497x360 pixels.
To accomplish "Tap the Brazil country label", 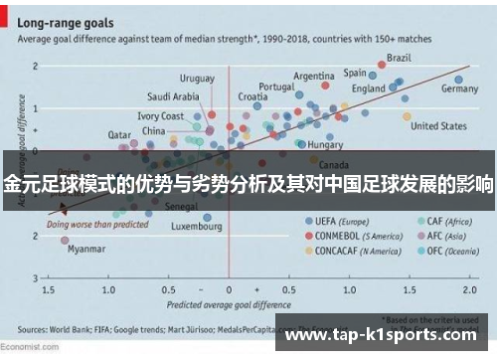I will pos(399,57).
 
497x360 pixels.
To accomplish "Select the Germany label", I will pos(459,89).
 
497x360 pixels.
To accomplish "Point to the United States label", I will pos(438,126).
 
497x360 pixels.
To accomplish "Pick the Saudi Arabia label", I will pos(173,96).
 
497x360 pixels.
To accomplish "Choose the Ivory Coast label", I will pos(160,116).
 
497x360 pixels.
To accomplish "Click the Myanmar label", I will pos(86,250).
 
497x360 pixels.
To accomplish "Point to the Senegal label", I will pos(180,207).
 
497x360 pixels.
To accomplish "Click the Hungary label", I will pos(325,145).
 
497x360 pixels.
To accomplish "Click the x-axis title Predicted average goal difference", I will pos(228,302).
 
